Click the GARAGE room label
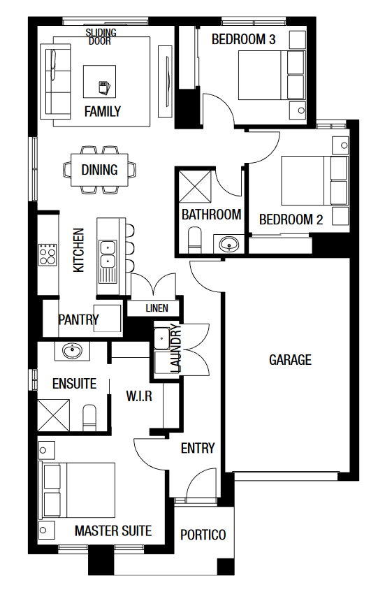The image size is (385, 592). [x=290, y=360]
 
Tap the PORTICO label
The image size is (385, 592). [x=203, y=535]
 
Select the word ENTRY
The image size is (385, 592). [x=198, y=448]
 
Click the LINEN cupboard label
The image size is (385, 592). [x=157, y=308]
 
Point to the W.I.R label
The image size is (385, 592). [x=139, y=396]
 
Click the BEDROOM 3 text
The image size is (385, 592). [x=243, y=39]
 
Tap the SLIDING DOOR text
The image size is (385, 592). [x=101, y=37]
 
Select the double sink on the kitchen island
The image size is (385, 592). [x=108, y=256]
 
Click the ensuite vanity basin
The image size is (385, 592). [x=72, y=352]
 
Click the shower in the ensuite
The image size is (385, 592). [x=54, y=415]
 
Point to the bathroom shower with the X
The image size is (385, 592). [x=195, y=186]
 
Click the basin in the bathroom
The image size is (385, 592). [x=229, y=244]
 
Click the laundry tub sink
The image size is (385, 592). [x=162, y=338]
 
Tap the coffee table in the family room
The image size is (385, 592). [x=100, y=82]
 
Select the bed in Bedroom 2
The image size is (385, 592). [x=314, y=181]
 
